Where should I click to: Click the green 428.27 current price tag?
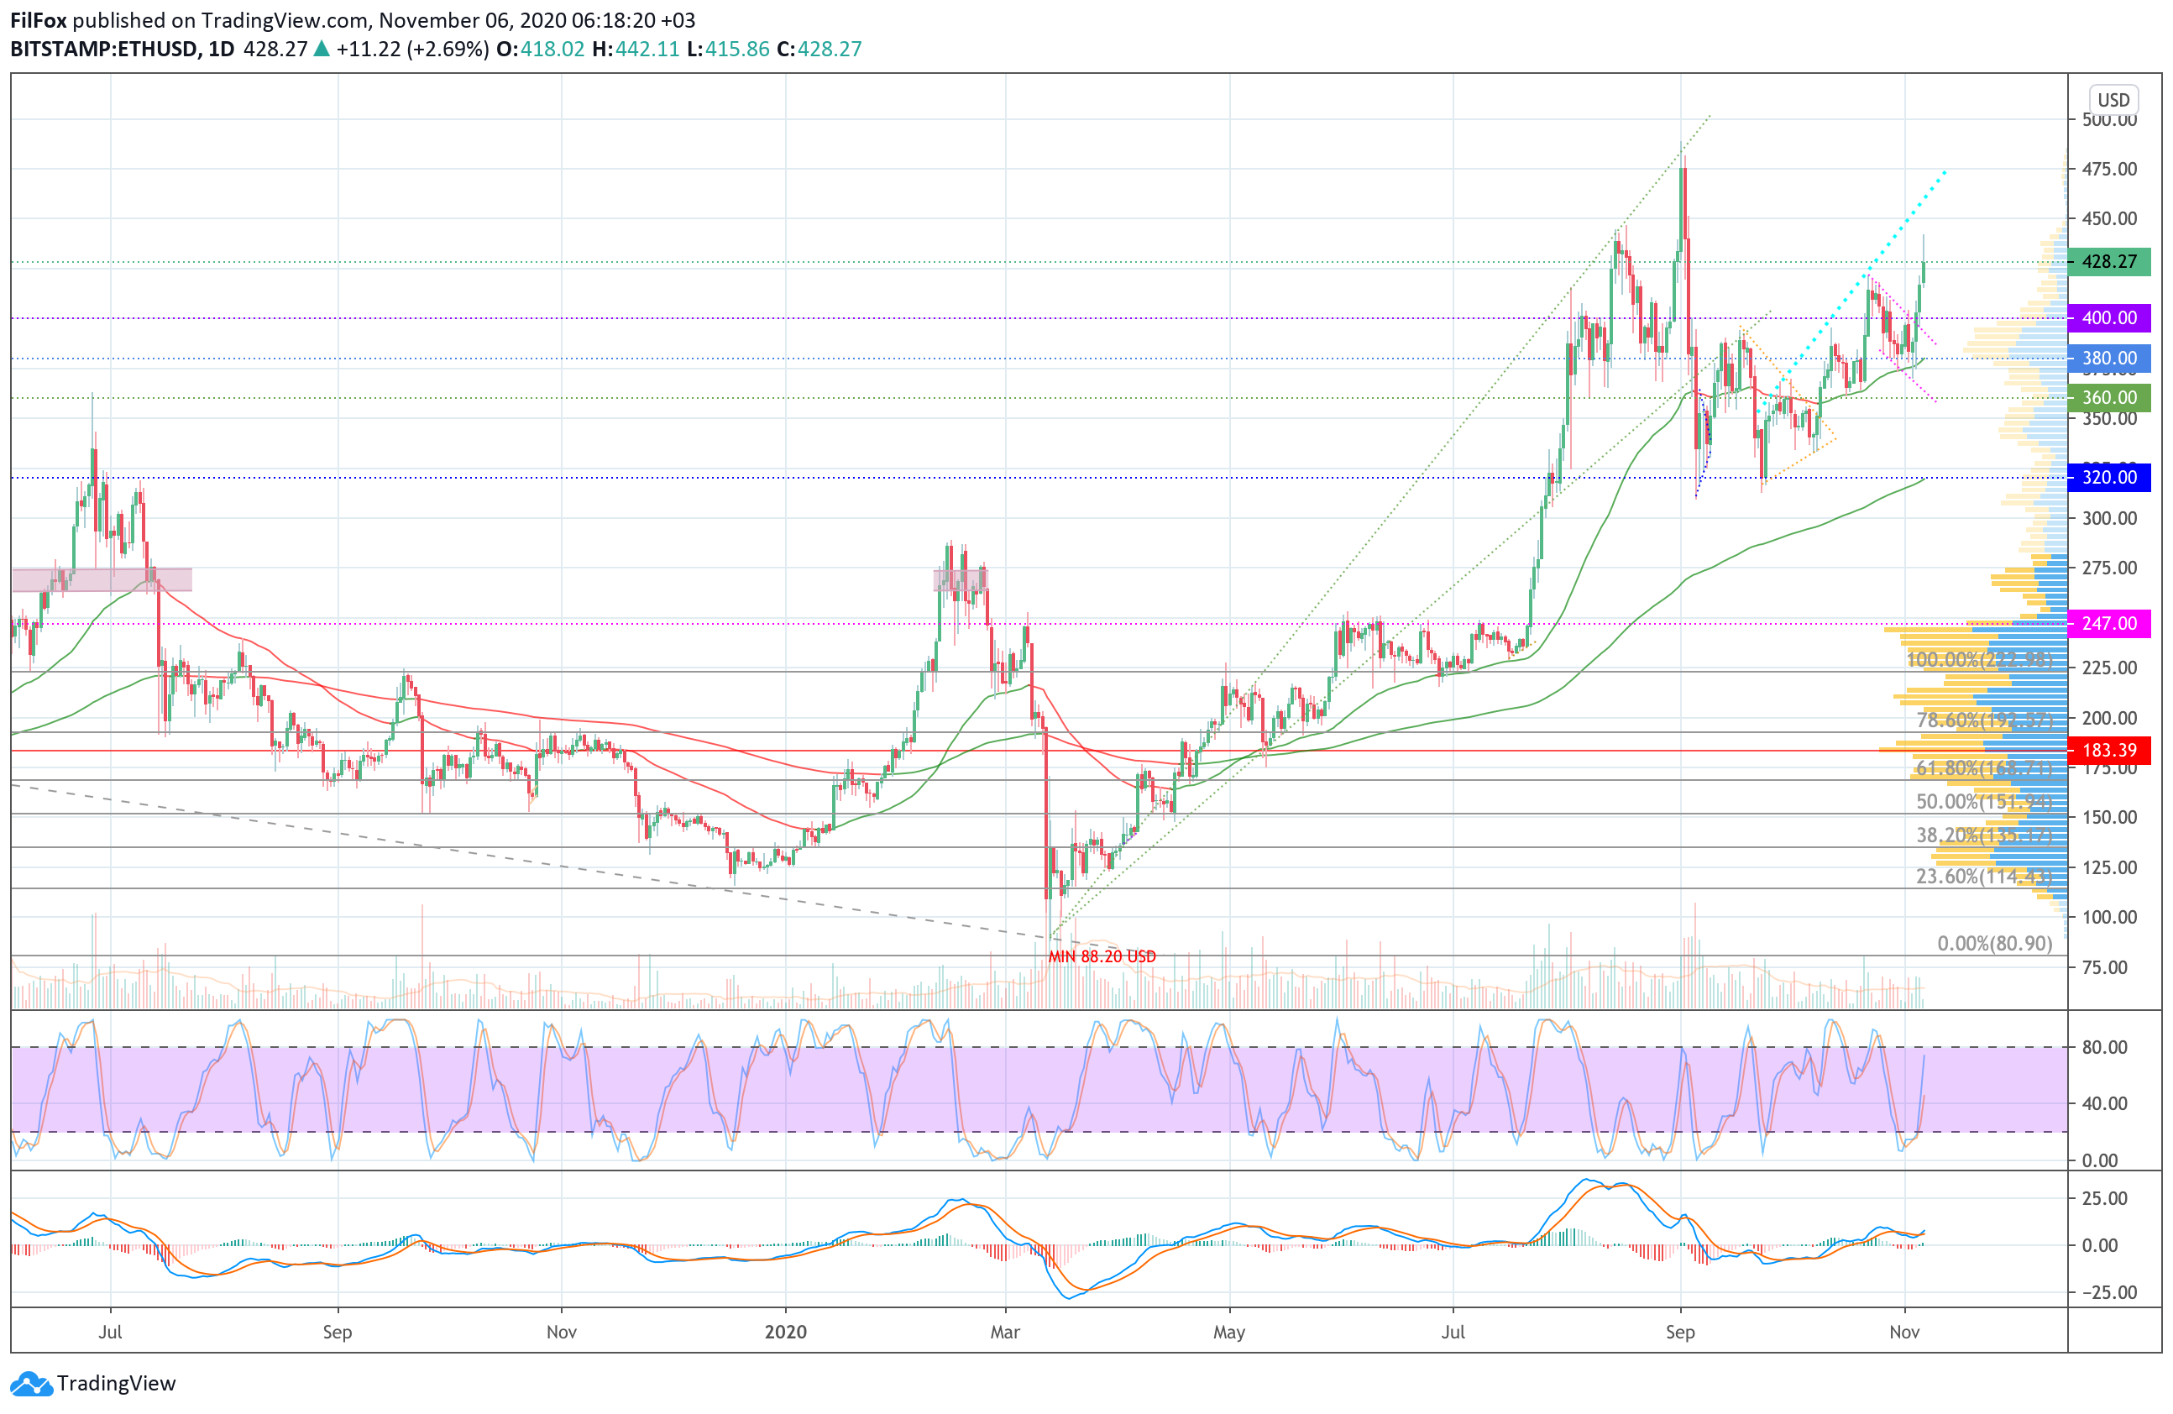click(2108, 262)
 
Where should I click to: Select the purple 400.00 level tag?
click(2108, 317)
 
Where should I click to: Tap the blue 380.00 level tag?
click(2108, 358)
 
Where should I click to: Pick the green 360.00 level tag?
click(2108, 397)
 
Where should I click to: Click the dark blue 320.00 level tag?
click(2108, 476)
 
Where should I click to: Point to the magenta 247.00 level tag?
click(2108, 624)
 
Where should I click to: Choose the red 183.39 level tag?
click(2108, 751)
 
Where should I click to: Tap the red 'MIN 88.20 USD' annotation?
click(1102, 956)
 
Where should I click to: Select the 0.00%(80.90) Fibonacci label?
click(1994, 943)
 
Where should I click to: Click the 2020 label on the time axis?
click(785, 1332)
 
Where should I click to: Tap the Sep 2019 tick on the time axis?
click(337, 1332)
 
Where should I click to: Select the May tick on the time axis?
click(1229, 1332)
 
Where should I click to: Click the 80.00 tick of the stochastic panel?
click(2103, 1047)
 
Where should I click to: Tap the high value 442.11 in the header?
click(647, 50)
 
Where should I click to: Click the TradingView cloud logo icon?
click(31, 1384)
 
